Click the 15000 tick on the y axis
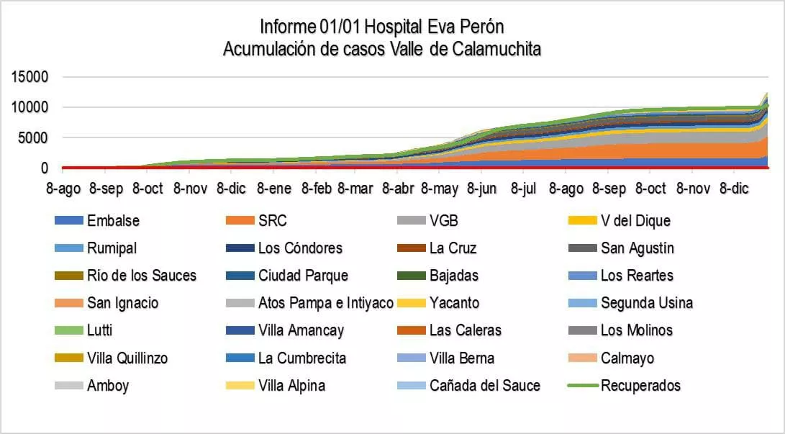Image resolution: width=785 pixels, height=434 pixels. click(x=30, y=77)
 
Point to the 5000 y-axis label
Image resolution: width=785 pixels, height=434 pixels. click(x=34, y=138)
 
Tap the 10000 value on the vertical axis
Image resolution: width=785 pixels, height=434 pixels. click(x=30, y=108)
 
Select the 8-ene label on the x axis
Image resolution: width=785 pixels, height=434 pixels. click(x=273, y=189)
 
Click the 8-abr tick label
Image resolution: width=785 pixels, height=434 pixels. click(x=396, y=189)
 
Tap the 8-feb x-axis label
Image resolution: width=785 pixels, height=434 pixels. click(x=315, y=189)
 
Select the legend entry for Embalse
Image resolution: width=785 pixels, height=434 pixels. click(x=113, y=221)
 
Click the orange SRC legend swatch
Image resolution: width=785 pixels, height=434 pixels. click(x=240, y=221)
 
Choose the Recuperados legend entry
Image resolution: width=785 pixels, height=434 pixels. click(x=640, y=386)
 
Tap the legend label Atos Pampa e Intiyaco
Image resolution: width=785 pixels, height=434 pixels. click(x=325, y=303)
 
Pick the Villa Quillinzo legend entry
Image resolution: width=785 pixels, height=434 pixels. click(x=127, y=358)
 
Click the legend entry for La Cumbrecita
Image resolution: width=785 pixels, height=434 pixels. click(x=301, y=358)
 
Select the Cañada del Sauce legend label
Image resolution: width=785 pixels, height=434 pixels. click(x=484, y=386)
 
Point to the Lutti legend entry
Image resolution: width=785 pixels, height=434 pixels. click(x=99, y=331)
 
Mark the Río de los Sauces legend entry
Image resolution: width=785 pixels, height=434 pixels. click(x=141, y=276)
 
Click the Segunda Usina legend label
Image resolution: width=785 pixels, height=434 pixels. click(x=647, y=303)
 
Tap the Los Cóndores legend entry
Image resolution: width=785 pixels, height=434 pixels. click(x=300, y=248)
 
